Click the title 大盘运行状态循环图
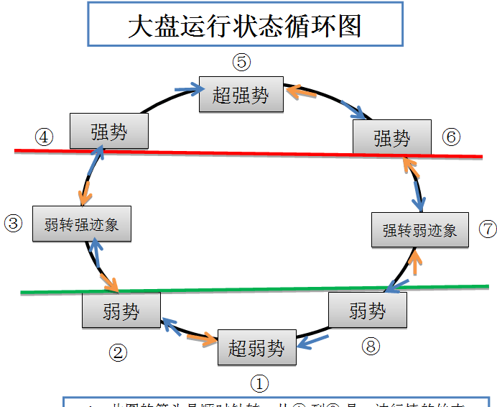[x=243, y=26]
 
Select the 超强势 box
[x=241, y=94]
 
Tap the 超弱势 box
[x=256, y=349]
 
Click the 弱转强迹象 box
[x=81, y=224]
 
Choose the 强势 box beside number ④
[x=109, y=132]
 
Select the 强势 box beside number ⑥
[x=392, y=137]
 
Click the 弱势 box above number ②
[x=121, y=311]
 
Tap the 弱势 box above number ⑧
[x=368, y=311]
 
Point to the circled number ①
[x=259, y=383]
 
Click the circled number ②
[x=118, y=352]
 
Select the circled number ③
[x=14, y=223]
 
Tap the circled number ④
[x=45, y=137]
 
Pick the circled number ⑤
[x=242, y=62]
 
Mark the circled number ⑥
[x=451, y=137]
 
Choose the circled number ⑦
[x=488, y=229]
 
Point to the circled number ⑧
[x=370, y=347]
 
